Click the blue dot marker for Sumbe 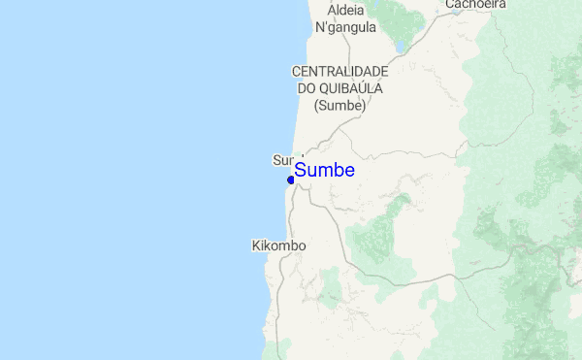pyautogui.click(x=291, y=179)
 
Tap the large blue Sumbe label pyautogui.click(x=324, y=170)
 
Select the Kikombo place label pyautogui.click(x=278, y=246)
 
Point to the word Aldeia pyautogui.click(x=346, y=10)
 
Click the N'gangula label pyautogui.click(x=346, y=27)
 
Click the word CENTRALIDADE pyautogui.click(x=340, y=72)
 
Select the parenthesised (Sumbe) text pyautogui.click(x=340, y=105)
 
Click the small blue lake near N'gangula pyautogui.click(x=399, y=46)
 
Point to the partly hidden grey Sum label pyautogui.click(x=283, y=159)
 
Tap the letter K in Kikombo pyautogui.click(x=255, y=246)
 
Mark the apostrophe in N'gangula pyautogui.click(x=328, y=25)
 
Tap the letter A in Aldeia pyautogui.click(x=333, y=10)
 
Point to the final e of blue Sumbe pyautogui.click(x=349, y=171)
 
